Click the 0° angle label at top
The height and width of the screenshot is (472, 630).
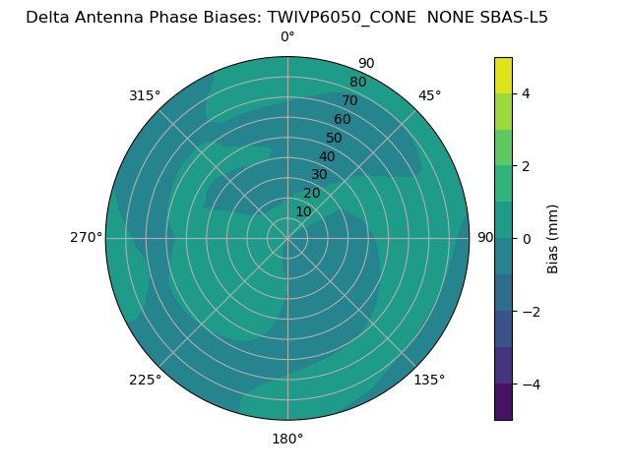pos(287,37)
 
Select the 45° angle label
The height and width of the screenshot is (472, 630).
pos(429,95)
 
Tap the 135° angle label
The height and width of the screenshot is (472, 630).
pos(429,380)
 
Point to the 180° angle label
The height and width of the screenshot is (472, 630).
pos(287,439)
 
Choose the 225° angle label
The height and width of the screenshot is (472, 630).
pos(145,380)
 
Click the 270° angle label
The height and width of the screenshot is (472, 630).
pos(86,237)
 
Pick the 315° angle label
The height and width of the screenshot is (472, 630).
pos(145,95)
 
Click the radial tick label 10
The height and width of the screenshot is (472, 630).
pos(303,211)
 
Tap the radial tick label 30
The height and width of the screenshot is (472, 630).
pos(319,175)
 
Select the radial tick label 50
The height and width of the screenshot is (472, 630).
pos(335,139)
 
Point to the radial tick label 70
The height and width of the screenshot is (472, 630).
pos(349,101)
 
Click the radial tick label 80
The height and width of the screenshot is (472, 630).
pos(357,83)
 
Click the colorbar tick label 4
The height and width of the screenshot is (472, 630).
pos(527,94)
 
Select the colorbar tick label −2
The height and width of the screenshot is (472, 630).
pos(531,312)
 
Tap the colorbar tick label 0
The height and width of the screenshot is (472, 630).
pos(527,239)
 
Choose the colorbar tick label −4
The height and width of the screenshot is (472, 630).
pos(531,384)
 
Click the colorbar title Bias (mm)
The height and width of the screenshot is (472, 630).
pos(553,239)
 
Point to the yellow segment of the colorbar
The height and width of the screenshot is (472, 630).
pos(503,75)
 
